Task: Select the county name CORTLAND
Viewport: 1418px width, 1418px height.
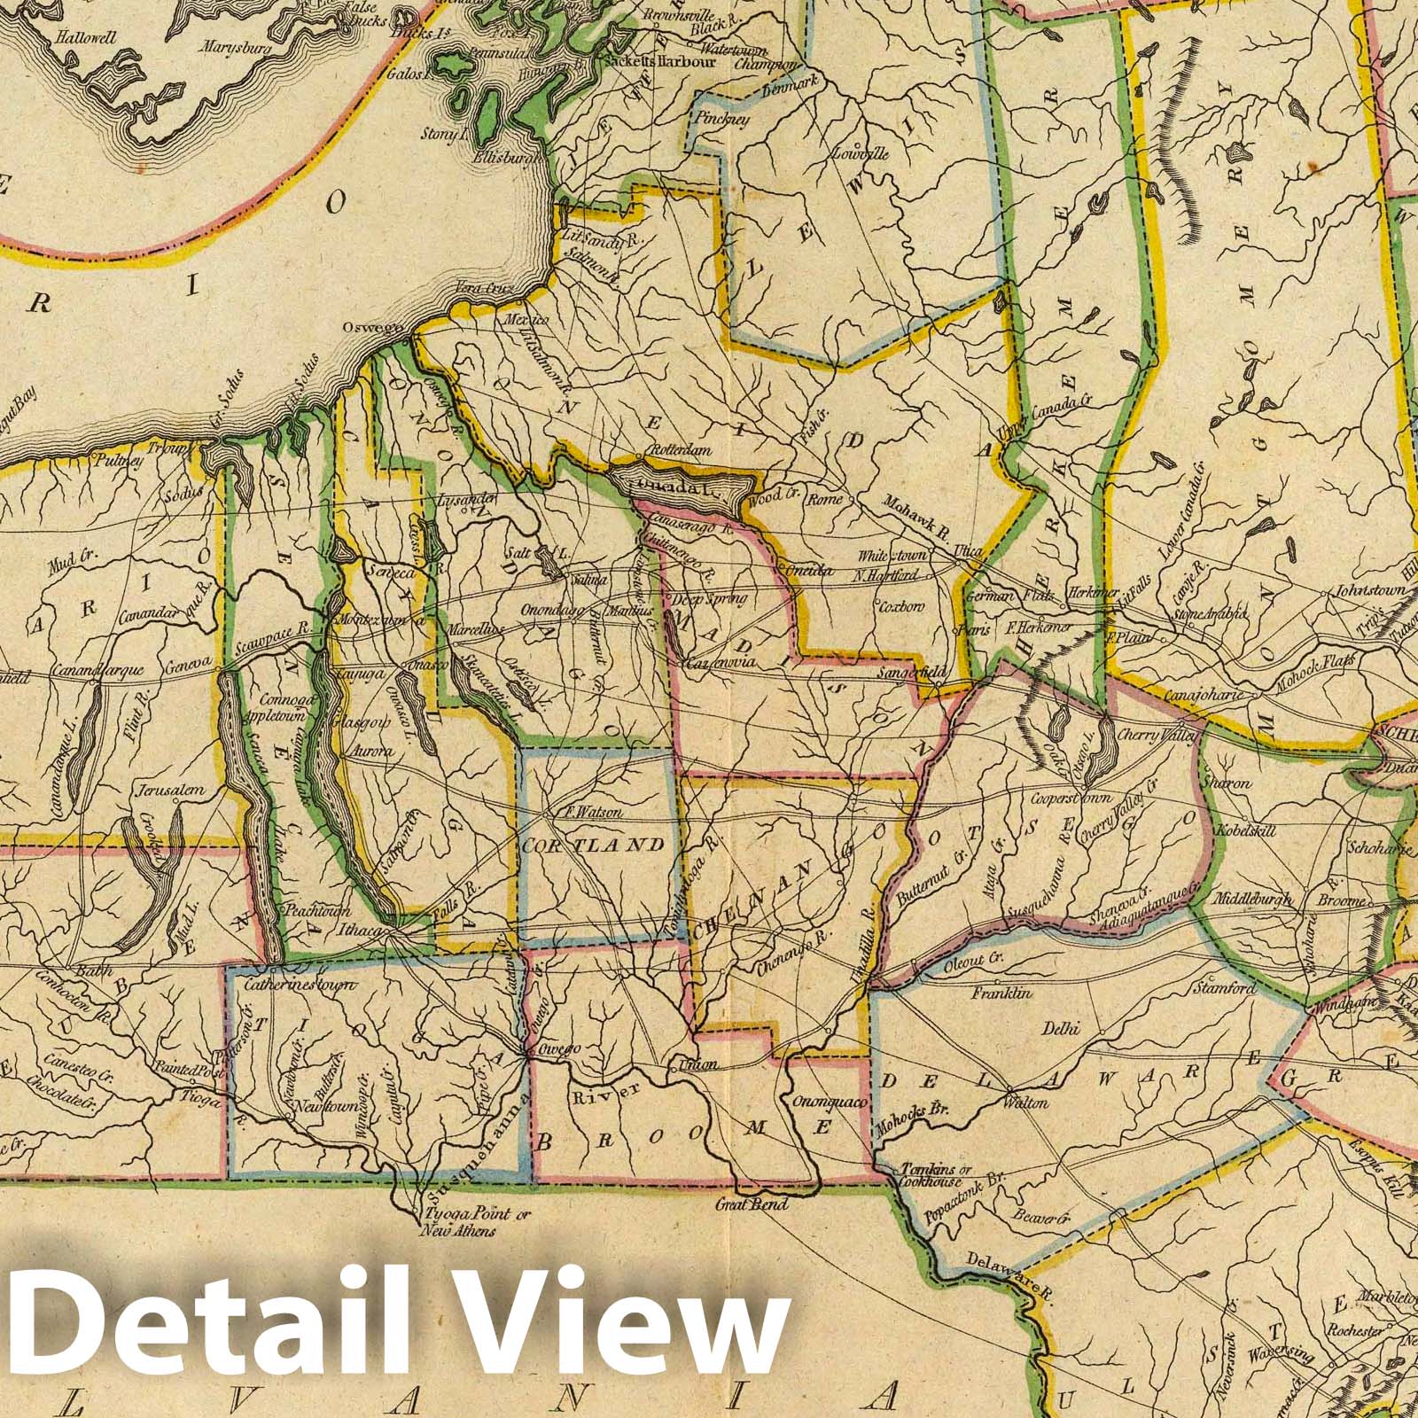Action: [x=592, y=845]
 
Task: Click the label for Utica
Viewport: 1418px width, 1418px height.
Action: [x=968, y=551]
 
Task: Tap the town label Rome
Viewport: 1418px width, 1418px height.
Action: [x=825, y=500]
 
